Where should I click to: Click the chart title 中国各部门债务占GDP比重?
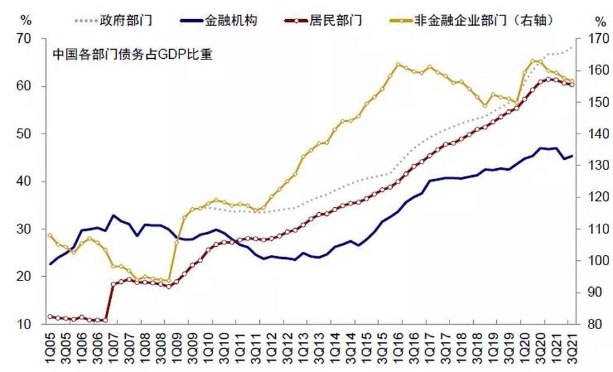coord(132,55)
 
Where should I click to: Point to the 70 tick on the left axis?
coord(24,39)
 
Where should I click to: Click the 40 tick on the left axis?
coord(24,182)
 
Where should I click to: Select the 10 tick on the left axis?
coord(24,325)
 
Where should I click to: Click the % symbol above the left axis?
coord(26,19)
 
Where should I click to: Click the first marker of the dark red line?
coord(50,316)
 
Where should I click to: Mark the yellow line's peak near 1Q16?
coord(398,65)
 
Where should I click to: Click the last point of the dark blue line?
coord(572,155)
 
